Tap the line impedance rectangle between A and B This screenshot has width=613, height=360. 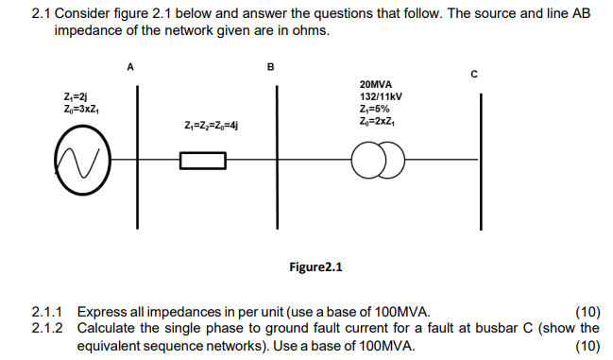[x=202, y=162]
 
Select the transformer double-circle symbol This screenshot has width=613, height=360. [x=379, y=162]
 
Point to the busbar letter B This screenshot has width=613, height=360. [x=271, y=67]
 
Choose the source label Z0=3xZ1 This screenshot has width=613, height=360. [x=82, y=110]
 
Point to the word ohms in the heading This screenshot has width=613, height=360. [x=313, y=30]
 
